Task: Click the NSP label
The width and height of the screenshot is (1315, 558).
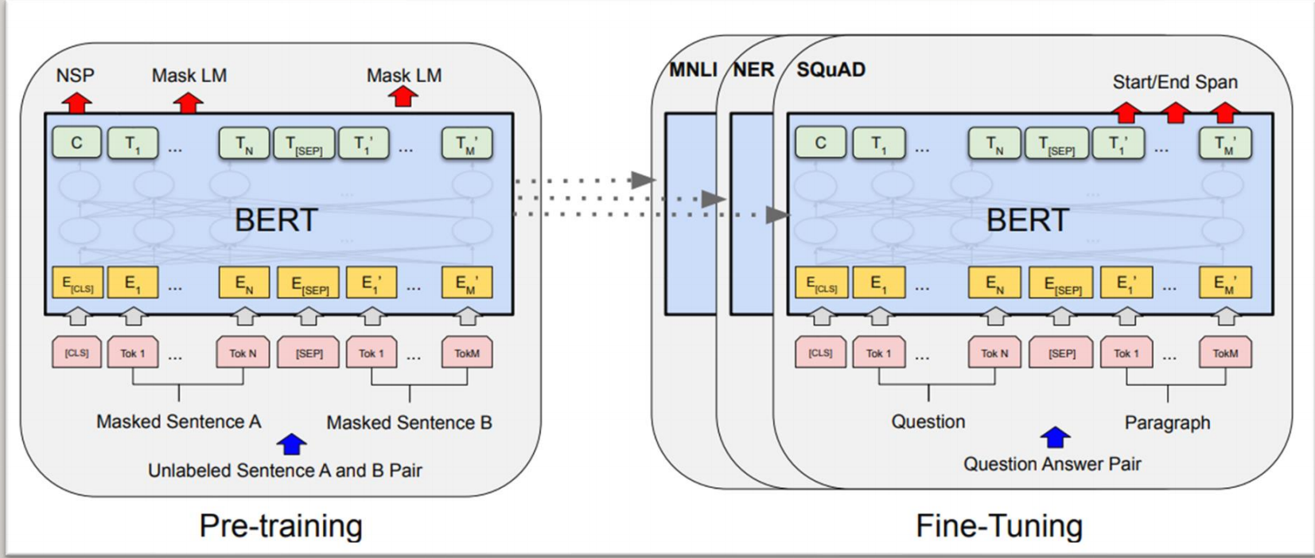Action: click(x=75, y=76)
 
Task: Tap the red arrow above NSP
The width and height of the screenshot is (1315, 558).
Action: click(x=77, y=103)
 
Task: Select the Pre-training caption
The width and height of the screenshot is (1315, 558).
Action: click(x=281, y=525)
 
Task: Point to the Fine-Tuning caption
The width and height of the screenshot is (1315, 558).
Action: click(x=999, y=525)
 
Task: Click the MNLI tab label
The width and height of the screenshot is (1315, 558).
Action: click(x=692, y=70)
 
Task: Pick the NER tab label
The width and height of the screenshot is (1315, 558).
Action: click(x=753, y=70)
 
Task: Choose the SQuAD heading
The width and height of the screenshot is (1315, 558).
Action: click(x=831, y=70)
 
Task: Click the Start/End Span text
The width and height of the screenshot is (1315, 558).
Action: click(x=1174, y=82)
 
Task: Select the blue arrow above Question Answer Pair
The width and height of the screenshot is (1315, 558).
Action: click(x=1055, y=437)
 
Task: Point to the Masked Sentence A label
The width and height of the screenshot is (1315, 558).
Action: click(x=178, y=421)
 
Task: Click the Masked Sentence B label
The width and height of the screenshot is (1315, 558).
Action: click(x=409, y=423)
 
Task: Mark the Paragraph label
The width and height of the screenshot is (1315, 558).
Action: click(x=1167, y=423)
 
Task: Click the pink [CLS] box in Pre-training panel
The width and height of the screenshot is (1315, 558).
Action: click(x=77, y=353)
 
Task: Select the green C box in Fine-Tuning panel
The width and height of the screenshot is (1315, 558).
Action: click(x=820, y=143)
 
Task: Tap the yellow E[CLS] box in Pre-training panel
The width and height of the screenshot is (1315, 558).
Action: click(x=77, y=283)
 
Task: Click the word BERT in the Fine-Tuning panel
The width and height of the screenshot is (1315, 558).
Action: click(x=1027, y=220)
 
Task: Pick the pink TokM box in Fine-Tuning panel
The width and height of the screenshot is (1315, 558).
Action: click(x=1225, y=353)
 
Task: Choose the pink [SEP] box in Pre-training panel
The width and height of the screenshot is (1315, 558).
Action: click(x=309, y=353)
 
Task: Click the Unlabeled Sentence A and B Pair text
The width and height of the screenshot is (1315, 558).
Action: click(x=285, y=470)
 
